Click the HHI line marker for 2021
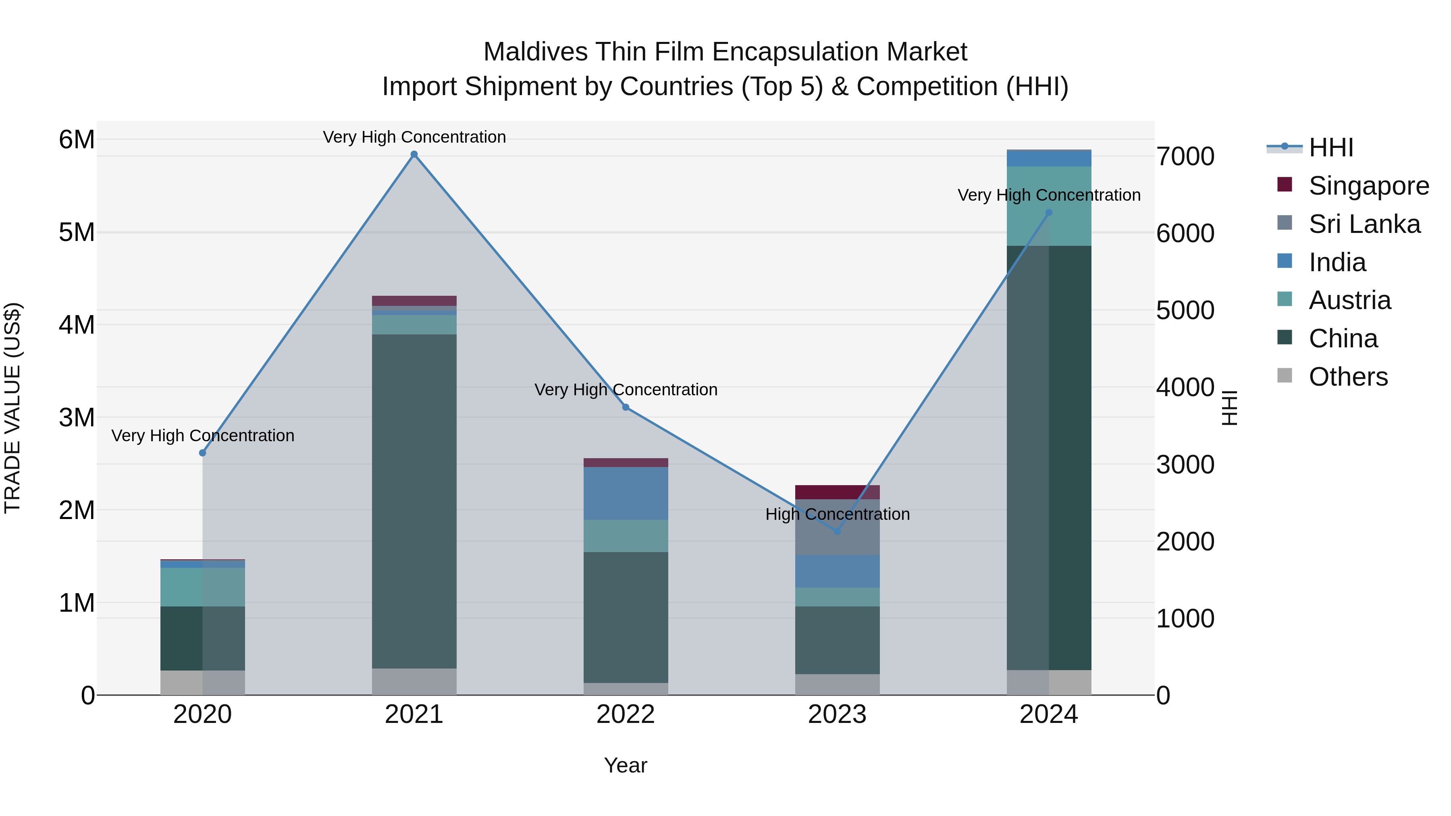[414, 154]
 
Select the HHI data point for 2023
[837, 531]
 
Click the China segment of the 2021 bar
[414, 501]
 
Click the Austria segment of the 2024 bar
[1049, 206]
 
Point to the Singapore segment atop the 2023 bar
[837, 492]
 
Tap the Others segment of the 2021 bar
[414, 681]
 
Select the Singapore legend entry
[1368, 186]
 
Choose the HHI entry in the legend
[1330, 147]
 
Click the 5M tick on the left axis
[77, 232]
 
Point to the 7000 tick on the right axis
[1185, 157]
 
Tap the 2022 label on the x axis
[625, 714]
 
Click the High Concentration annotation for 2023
[837, 514]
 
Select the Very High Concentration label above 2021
[414, 137]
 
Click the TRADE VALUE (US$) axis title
[12, 408]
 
